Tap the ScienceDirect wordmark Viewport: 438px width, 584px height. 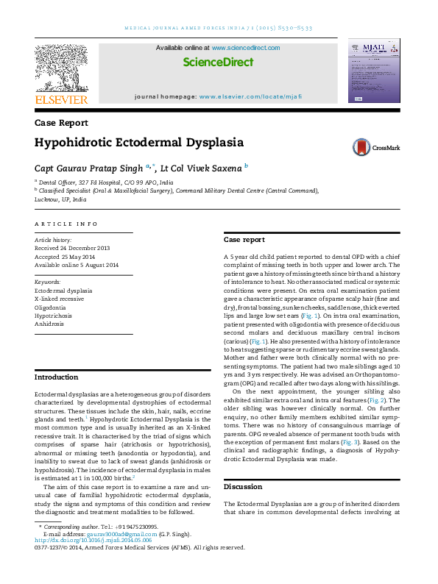pyautogui.click(x=218, y=63)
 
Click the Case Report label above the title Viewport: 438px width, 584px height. pyautogui.click(x=62, y=123)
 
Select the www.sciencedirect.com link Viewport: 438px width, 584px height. pyautogui.click(x=246, y=48)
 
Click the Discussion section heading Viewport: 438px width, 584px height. pyautogui.click(x=243, y=487)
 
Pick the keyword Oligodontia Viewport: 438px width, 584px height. pyautogui.click(x=51, y=307)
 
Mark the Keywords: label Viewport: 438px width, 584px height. pyautogui.click(x=48, y=282)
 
